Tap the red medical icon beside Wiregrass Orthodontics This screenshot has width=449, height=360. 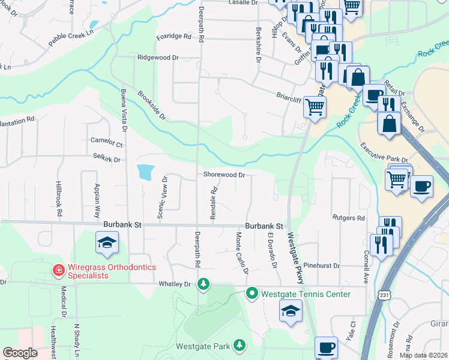point(58,271)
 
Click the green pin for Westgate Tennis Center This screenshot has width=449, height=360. point(252,293)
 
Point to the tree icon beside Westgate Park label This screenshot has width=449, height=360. point(240,345)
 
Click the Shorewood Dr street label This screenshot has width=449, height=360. point(224,175)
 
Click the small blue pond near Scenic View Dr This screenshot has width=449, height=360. point(145,172)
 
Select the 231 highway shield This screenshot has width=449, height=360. point(384,295)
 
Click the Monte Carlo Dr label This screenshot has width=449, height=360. point(242,253)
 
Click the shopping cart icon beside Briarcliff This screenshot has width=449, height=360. point(315,107)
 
